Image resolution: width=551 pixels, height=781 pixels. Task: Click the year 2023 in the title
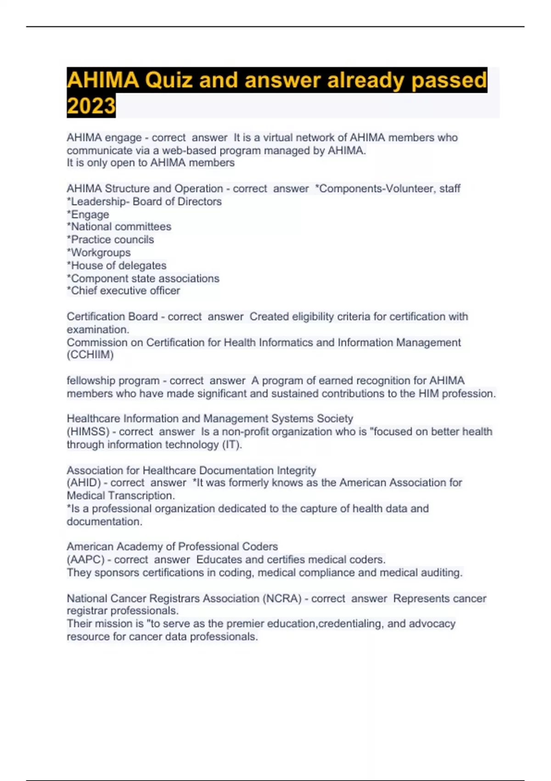(x=91, y=106)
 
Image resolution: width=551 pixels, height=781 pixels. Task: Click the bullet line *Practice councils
(x=110, y=239)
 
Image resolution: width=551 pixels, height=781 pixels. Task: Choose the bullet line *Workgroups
(x=99, y=252)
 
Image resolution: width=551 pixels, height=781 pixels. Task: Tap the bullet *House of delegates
(x=117, y=265)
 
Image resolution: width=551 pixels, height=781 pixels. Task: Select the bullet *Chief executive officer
(x=123, y=290)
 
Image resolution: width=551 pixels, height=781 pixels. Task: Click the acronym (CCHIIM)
(x=90, y=355)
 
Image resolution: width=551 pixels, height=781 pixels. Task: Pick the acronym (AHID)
(x=84, y=482)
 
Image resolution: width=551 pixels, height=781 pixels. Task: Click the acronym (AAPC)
(x=85, y=560)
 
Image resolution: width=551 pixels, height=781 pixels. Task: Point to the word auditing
(x=442, y=572)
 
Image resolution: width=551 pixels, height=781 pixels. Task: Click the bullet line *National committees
(x=119, y=226)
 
